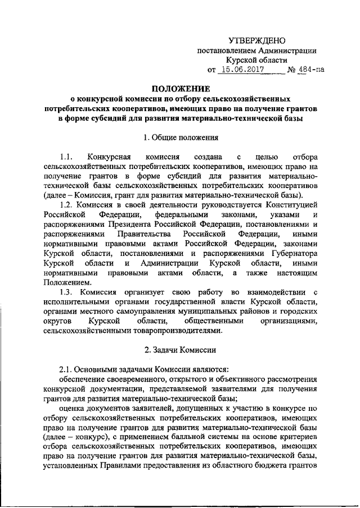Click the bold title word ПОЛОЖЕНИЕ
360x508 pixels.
click(x=181, y=89)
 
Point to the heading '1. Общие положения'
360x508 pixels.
click(x=181, y=138)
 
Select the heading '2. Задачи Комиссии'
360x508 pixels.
click(x=181, y=350)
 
